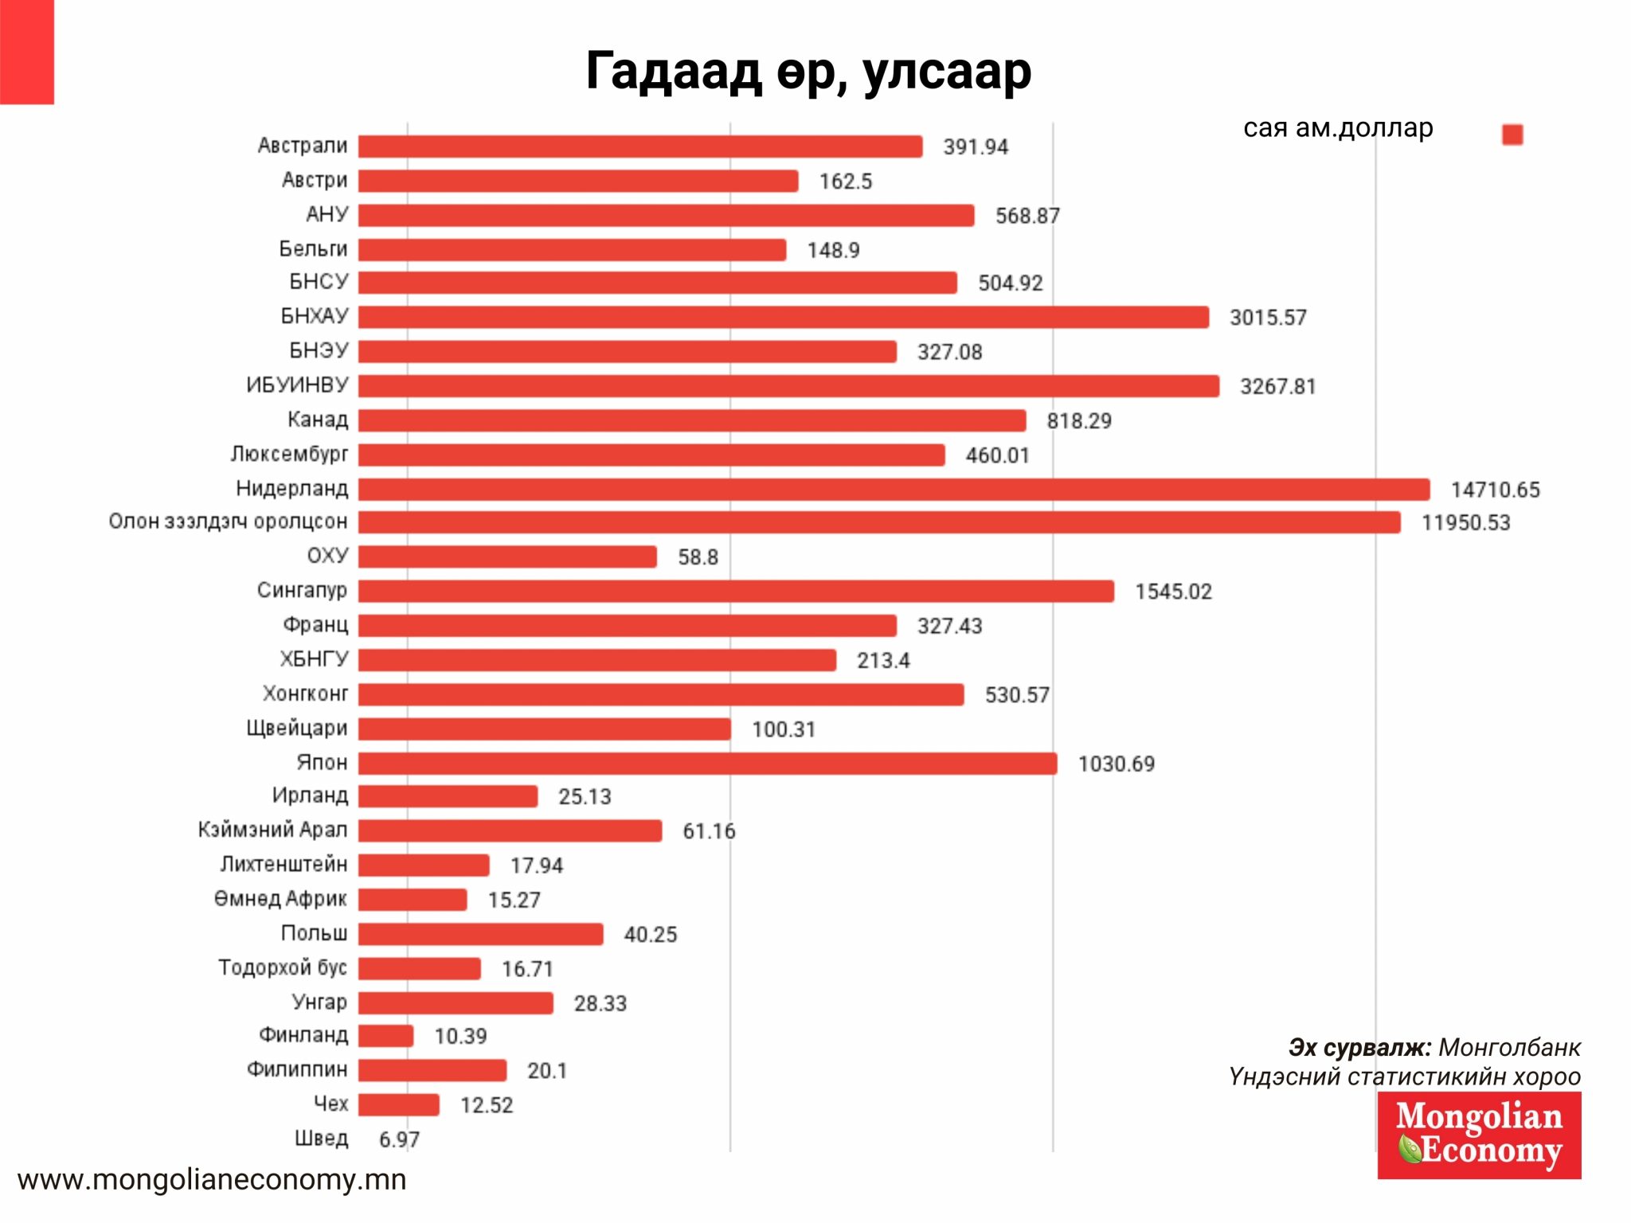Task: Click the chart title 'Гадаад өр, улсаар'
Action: (808, 72)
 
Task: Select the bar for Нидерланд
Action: (894, 489)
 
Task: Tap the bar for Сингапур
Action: (736, 591)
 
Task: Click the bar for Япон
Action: (707, 764)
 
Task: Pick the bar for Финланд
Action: (385, 1036)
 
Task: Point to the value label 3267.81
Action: (1277, 387)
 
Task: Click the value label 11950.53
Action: (1465, 523)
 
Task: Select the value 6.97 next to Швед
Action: (399, 1139)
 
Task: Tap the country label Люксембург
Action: (289, 454)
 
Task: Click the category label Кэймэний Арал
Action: (272, 830)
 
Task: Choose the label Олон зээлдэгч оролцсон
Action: (228, 522)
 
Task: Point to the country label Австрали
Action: (303, 146)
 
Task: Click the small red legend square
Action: (1512, 135)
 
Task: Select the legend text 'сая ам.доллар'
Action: (1338, 127)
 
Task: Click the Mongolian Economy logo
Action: (1479, 1135)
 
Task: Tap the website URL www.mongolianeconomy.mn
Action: (212, 1179)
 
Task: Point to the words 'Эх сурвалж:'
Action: (1359, 1047)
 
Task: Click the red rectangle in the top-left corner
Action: (27, 52)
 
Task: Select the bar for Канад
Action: (691, 420)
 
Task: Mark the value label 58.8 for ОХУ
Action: (698, 557)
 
